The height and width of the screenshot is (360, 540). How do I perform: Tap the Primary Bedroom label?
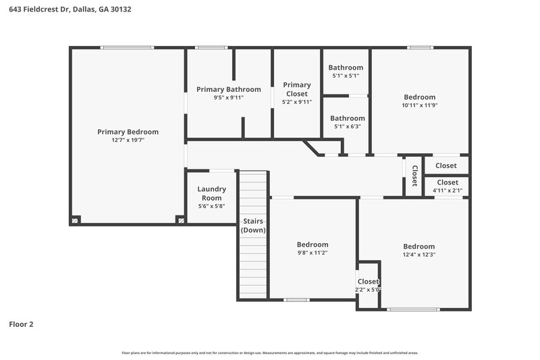[x=128, y=132]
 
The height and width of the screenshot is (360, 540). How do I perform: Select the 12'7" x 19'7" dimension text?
[x=128, y=140]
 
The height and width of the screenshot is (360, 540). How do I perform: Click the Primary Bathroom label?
[x=228, y=89]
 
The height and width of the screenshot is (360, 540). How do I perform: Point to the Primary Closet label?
[x=296, y=89]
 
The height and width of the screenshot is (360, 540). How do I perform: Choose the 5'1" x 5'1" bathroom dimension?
[x=346, y=76]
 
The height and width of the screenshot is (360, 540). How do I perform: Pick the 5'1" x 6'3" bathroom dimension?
[x=347, y=126]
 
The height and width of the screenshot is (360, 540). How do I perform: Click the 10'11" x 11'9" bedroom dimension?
[x=419, y=105]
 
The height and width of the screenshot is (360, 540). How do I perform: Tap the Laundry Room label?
[x=211, y=193]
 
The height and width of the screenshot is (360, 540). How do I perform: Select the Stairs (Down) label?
[x=253, y=226]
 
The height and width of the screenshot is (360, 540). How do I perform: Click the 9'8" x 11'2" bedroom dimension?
[x=313, y=253]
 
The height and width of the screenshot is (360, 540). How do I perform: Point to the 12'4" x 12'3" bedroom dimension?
[x=418, y=255]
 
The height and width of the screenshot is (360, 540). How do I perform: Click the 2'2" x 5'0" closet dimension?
[x=369, y=290]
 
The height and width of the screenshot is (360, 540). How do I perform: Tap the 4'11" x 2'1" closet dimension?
[x=447, y=190]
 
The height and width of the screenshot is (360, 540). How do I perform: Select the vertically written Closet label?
[x=414, y=176]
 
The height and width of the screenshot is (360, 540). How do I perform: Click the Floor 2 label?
[x=21, y=324]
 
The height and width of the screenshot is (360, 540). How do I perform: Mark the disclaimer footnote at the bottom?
[x=270, y=353]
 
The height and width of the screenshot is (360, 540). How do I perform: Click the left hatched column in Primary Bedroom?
[x=76, y=220]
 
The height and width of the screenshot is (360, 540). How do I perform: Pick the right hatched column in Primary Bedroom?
[x=180, y=220]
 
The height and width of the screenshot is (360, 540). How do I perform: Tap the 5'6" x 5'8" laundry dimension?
[x=211, y=206]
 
